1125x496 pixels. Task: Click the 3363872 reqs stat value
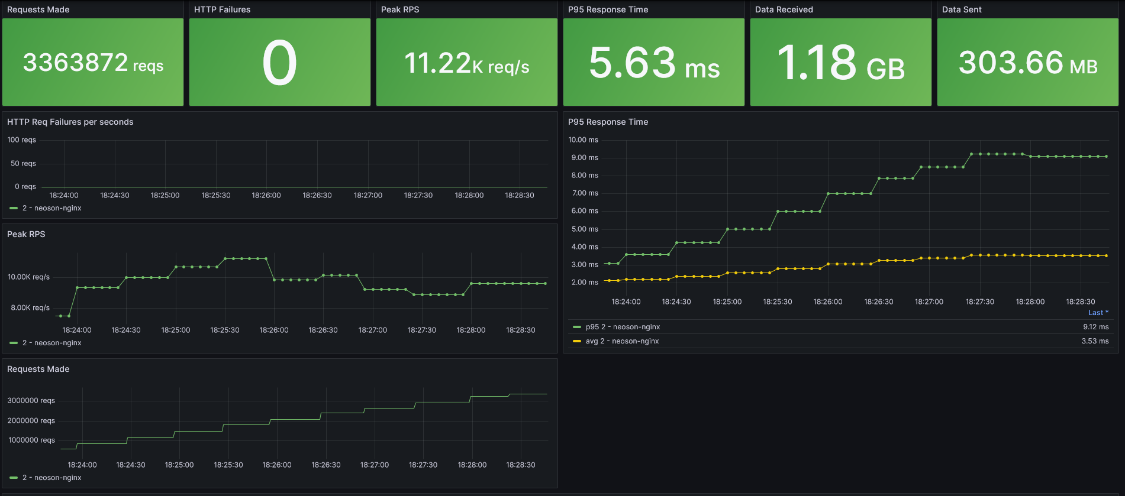coord(93,63)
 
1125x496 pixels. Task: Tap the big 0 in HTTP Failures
coord(279,63)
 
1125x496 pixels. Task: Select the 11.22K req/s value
coord(466,63)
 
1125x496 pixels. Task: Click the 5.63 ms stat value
coord(654,63)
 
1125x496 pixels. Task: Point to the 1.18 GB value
coord(840,63)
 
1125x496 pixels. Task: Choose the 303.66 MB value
coord(1028,63)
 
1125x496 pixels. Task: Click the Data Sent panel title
coord(961,9)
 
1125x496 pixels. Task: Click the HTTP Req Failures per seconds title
coord(70,122)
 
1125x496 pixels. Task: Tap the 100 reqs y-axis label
coord(21,140)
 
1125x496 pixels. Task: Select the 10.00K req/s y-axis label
coord(28,277)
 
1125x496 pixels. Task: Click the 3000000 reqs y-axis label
coord(31,400)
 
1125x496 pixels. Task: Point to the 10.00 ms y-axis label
coord(583,140)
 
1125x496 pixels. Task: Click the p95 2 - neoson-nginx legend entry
coord(623,327)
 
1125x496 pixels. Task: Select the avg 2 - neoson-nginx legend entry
coord(622,341)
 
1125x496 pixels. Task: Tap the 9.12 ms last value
coord(1095,327)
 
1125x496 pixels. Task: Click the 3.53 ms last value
coord(1095,341)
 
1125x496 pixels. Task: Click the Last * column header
coord(1098,313)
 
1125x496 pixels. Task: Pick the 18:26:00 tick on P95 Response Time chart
coord(827,302)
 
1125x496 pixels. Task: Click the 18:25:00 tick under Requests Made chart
coord(179,465)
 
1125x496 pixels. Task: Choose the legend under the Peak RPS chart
coord(51,343)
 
